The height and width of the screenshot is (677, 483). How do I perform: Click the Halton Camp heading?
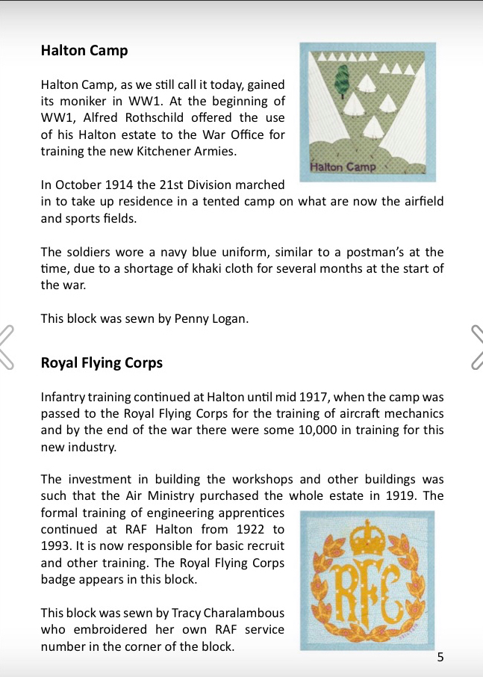pos(84,51)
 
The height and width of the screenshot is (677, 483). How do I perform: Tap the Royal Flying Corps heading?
pos(102,363)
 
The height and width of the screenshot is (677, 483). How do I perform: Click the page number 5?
pos(440,658)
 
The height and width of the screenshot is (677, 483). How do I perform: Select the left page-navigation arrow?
pos(7,347)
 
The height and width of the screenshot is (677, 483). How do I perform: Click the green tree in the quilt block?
pos(343,78)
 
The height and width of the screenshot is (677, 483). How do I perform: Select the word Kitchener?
pos(198,151)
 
